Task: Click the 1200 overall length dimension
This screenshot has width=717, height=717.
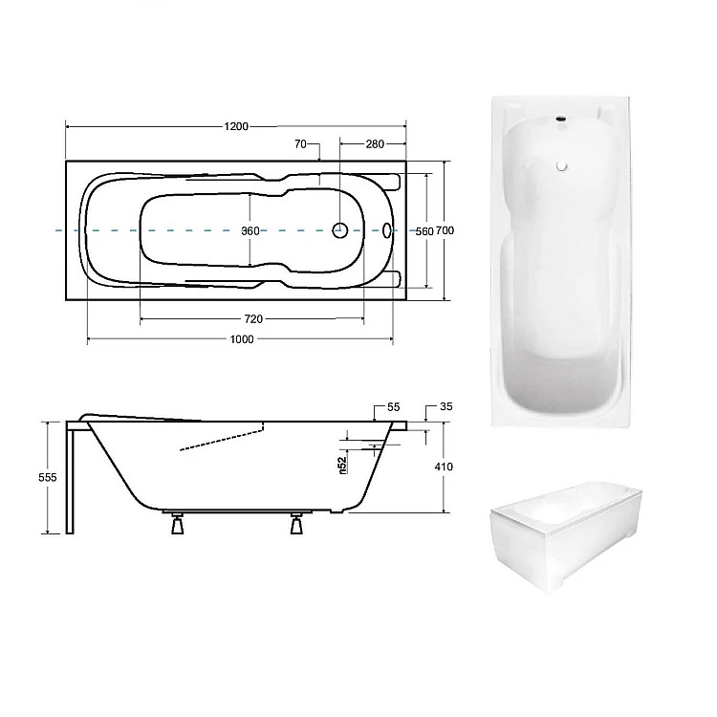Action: (x=236, y=126)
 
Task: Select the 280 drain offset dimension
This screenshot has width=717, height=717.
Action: (x=375, y=144)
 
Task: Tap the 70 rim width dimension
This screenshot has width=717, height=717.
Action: (x=300, y=144)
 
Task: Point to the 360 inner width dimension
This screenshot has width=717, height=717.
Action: (x=250, y=231)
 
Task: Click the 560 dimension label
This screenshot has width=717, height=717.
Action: (x=424, y=231)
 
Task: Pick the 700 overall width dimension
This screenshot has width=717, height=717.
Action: (x=445, y=230)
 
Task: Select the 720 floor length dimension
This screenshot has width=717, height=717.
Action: (x=253, y=318)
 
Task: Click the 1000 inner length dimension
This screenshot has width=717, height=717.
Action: (x=242, y=339)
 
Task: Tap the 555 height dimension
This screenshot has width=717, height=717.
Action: (x=48, y=477)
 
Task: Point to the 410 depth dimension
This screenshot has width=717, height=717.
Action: (x=444, y=467)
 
